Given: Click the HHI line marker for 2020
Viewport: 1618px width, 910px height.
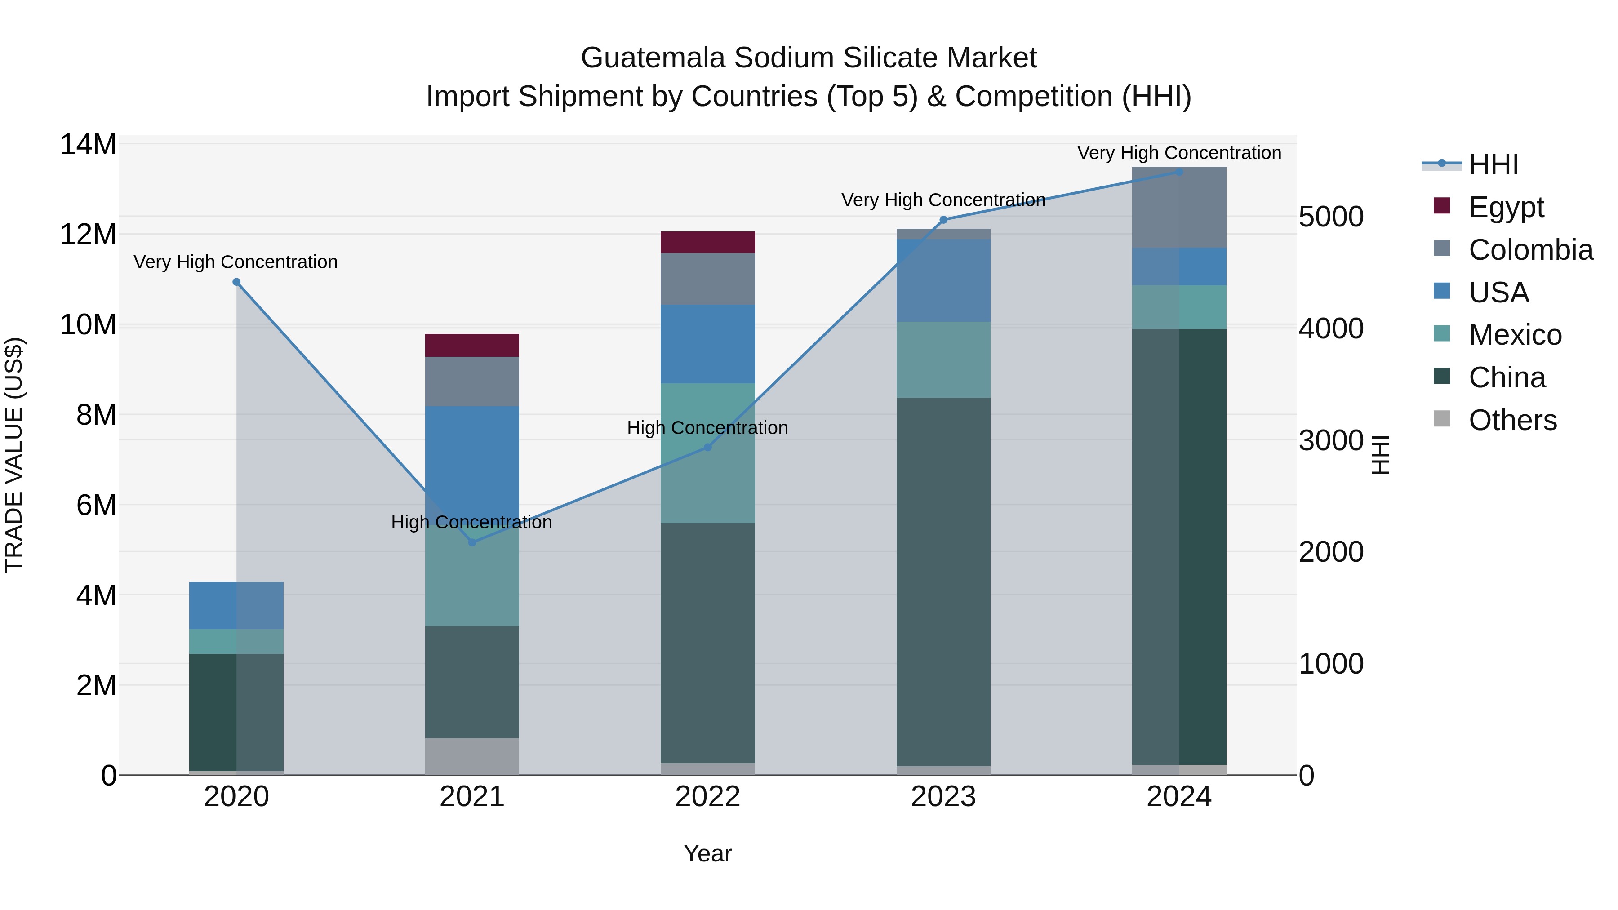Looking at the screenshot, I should tap(236, 282).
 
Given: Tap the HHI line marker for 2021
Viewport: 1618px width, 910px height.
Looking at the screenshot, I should tap(472, 542).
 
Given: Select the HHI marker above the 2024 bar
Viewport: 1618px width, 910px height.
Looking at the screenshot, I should tap(1179, 172).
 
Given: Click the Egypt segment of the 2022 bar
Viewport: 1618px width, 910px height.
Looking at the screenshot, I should tap(707, 242).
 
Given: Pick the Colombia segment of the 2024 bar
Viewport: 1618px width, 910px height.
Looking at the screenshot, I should tap(1179, 207).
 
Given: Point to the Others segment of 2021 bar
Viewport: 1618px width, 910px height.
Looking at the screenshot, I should tap(472, 756).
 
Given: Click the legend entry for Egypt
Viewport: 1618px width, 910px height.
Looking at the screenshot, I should tap(1506, 207).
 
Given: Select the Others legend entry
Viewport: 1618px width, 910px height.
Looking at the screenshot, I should tap(1512, 420).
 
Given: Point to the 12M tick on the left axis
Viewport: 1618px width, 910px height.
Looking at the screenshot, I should tap(88, 234).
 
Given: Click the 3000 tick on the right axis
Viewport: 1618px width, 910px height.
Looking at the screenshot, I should tap(1330, 440).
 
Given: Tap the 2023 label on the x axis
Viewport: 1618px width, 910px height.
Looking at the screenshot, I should tap(943, 797).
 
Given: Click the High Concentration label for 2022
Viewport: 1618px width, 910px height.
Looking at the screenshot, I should tap(707, 428).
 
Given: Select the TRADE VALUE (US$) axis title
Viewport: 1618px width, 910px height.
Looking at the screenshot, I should tap(14, 455).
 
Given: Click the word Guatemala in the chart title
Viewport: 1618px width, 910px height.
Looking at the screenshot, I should tap(653, 58).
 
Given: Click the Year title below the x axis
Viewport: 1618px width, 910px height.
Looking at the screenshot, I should tap(707, 853).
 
